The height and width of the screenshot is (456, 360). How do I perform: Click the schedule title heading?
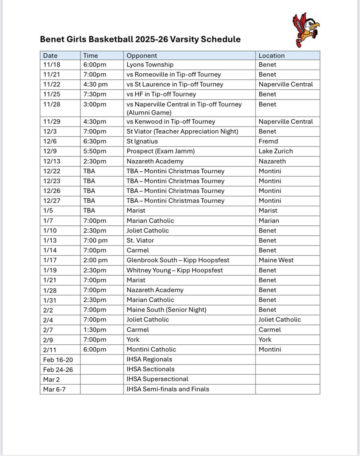coord(140,40)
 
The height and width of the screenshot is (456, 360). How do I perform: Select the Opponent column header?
coord(142,55)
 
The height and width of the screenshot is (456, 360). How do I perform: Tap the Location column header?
coord(272,55)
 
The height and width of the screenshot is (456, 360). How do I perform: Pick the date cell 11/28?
coord(50,104)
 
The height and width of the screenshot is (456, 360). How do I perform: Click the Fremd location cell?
coord(268,141)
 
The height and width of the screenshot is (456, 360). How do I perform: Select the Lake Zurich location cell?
coord(276,151)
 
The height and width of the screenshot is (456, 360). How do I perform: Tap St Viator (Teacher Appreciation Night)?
coord(182,131)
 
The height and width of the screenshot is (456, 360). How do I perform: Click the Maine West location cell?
coord(276,260)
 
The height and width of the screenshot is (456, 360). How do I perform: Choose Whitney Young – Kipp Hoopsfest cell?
coord(175,270)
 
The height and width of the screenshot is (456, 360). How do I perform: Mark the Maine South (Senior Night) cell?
coord(167,310)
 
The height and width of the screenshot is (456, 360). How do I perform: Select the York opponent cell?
coord(133,339)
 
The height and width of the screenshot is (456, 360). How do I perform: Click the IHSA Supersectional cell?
coord(157,379)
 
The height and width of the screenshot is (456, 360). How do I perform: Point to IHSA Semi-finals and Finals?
coord(168,389)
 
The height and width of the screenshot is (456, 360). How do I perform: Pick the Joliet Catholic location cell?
coord(279,320)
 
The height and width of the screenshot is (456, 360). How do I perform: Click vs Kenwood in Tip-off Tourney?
coord(171,122)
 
